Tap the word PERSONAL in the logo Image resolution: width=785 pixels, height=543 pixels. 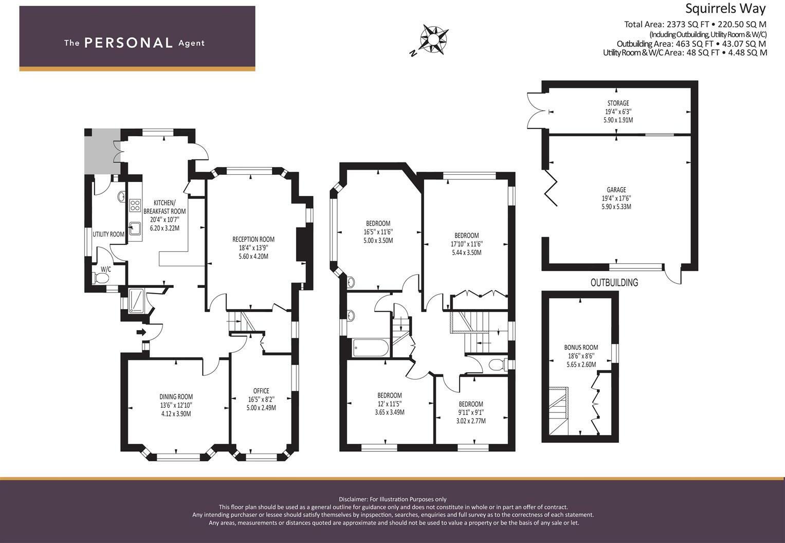pos(129,43)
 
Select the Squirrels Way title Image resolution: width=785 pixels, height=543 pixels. pos(725,8)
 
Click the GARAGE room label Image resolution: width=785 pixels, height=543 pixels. pos(616,190)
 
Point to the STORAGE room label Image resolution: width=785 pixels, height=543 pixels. pos(618,103)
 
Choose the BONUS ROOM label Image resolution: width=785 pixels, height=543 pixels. pos(581,348)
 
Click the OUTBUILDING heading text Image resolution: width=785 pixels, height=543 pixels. pos(614,282)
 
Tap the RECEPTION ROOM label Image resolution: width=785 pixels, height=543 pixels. pos(253,240)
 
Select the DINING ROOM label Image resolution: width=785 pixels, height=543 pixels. pos(176,397)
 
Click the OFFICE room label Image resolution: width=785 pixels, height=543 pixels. pos(261,391)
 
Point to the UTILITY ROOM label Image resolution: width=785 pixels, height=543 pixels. pos(108,234)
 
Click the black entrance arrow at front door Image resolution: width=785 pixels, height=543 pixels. pos(141,332)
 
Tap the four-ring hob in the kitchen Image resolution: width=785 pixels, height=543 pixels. pos(135,205)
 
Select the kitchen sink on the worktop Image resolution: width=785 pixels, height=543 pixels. pos(135,228)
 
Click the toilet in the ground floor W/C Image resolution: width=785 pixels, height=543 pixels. pos(101,278)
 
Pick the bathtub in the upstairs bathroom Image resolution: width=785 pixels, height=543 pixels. pos(371,348)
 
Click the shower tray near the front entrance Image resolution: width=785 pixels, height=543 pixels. pos(136,300)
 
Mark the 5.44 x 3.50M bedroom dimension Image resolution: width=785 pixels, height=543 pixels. pos(466,252)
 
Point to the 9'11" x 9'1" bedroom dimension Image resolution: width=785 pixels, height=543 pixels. pos(471,412)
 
